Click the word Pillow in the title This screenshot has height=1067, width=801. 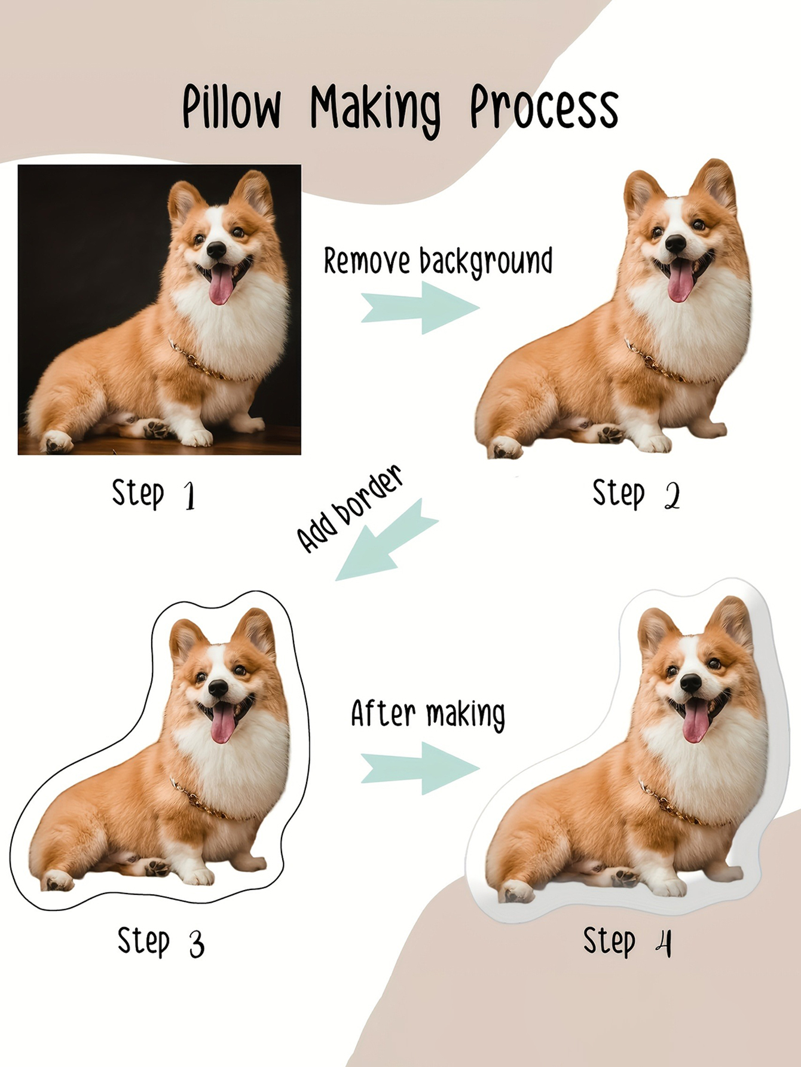pyautogui.click(x=231, y=106)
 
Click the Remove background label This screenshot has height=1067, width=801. pyautogui.click(x=438, y=262)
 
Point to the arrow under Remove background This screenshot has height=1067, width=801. pyautogui.click(x=420, y=308)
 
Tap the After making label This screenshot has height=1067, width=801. pyautogui.click(x=428, y=714)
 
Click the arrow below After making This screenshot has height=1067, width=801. pyautogui.click(x=420, y=768)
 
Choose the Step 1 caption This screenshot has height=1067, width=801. pyautogui.click(x=154, y=494)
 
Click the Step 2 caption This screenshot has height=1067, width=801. pyautogui.click(x=636, y=494)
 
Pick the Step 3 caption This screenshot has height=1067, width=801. pyautogui.click(x=161, y=942)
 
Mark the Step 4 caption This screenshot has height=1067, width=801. pyautogui.click(x=627, y=942)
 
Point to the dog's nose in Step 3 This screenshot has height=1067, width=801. pyautogui.click(x=218, y=688)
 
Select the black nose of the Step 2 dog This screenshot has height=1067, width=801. pyautogui.click(x=675, y=243)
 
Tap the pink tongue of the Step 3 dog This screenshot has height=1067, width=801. pyautogui.click(x=223, y=723)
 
